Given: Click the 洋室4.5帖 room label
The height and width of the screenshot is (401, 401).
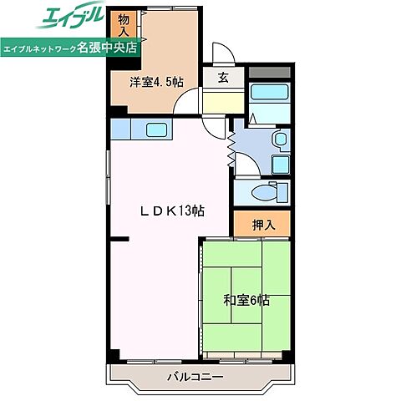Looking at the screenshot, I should (x=156, y=82).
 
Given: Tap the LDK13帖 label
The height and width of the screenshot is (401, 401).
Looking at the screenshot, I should (x=170, y=211).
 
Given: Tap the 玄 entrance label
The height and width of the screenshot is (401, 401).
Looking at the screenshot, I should (x=224, y=79).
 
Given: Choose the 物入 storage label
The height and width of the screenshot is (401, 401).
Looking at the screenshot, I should (x=124, y=24).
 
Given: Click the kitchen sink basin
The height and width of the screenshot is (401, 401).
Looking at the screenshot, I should (x=156, y=129).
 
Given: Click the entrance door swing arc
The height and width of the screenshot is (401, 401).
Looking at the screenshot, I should (x=221, y=54).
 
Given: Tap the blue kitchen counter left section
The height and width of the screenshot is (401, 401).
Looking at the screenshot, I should (x=123, y=129).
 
